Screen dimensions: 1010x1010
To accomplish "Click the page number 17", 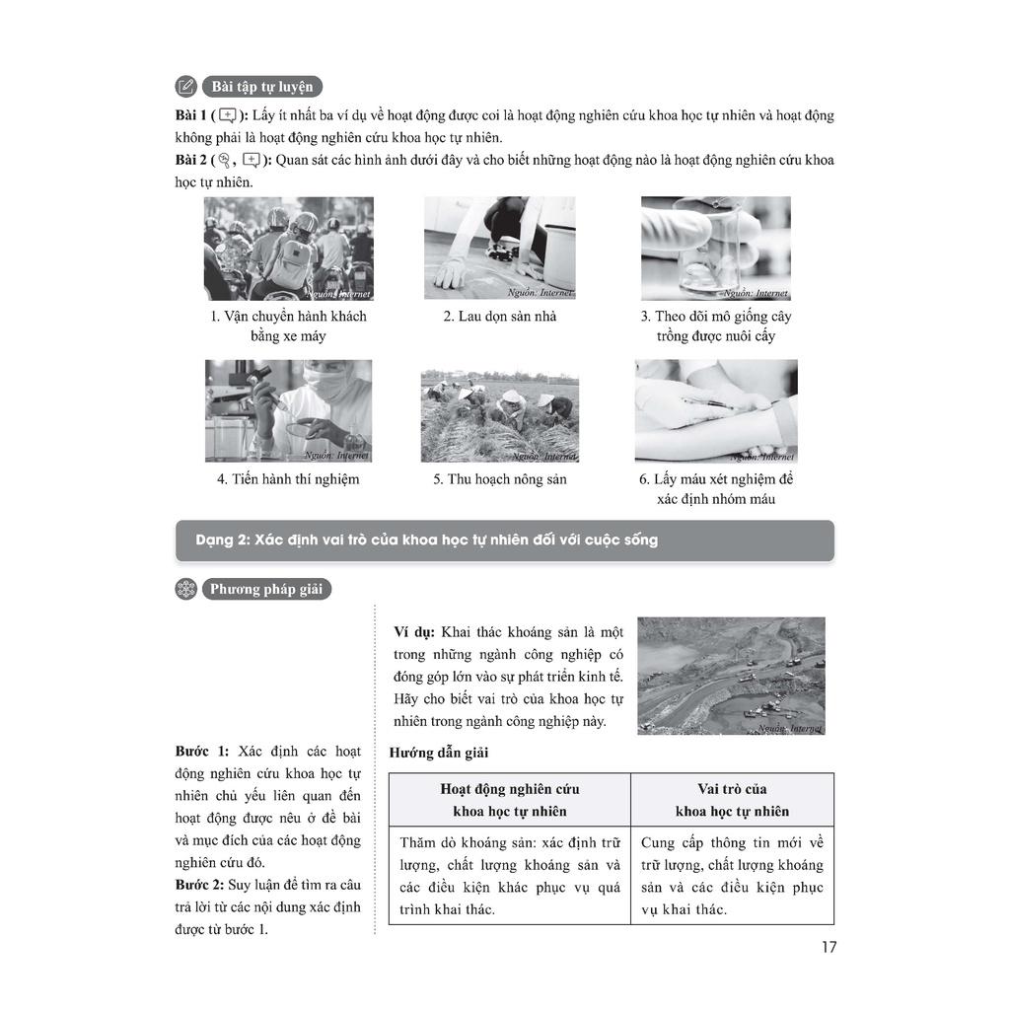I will tap(829, 947).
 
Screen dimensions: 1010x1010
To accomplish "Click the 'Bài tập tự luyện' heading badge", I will tap(261, 86).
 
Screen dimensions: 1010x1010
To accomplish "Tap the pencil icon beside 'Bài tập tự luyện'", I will tap(185, 86).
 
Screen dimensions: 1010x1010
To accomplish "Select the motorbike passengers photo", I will tap(289, 249).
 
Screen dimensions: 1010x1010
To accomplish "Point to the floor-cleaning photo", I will tap(500, 248).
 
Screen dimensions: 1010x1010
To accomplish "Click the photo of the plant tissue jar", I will tap(715, 248).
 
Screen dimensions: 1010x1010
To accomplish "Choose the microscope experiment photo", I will tap(289, 410).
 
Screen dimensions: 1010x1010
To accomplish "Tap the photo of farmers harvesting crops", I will tap(500, 415).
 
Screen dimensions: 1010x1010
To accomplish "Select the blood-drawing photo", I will tap(715, 410).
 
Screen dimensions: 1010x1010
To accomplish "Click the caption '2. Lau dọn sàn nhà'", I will tap(500, 317).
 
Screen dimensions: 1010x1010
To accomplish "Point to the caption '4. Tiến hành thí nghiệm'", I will tap(288, 479).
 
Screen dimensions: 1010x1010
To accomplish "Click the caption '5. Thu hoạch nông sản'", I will tap(500, 479).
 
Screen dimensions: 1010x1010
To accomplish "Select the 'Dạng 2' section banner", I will tap(504, 541).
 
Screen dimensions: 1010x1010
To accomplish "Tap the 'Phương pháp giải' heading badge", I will tap(266, 590).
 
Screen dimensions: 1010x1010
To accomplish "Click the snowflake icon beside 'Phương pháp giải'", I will tap(185, 590).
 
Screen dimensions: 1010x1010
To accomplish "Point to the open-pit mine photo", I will tap(731, 676).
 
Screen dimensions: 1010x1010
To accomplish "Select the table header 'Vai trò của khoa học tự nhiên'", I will tap(732, 800).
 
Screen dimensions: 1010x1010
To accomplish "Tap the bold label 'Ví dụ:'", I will tap(414, 631).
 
